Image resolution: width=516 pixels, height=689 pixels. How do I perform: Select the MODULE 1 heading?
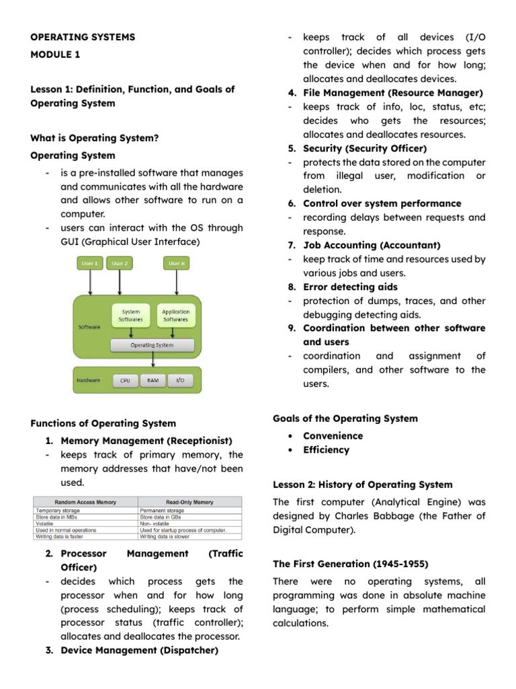click(55, 55)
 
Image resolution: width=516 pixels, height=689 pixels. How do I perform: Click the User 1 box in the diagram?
click(90, 263)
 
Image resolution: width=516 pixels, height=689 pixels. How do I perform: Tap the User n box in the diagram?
click(177, 263)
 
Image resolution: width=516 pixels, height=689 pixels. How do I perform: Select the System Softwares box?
click(130, 316)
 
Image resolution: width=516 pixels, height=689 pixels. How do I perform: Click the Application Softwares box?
click(176, 316)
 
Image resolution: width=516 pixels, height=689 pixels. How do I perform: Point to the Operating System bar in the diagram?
click(153, 345)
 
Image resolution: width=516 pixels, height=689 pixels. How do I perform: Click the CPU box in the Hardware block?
click(125, 380)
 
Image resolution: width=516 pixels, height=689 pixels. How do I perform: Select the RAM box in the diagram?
click(152, 380)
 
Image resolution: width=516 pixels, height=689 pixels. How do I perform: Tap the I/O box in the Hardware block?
click(179, 380)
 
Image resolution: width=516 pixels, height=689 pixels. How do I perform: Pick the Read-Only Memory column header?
click(189, 502)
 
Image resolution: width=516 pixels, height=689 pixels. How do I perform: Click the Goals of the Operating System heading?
click(345, 419)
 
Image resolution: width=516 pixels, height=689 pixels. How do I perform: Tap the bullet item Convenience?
click(333, 436)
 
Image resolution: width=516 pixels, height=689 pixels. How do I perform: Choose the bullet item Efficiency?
click(326, 450)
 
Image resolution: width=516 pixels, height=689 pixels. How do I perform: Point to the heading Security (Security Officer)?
click(365, 148)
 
